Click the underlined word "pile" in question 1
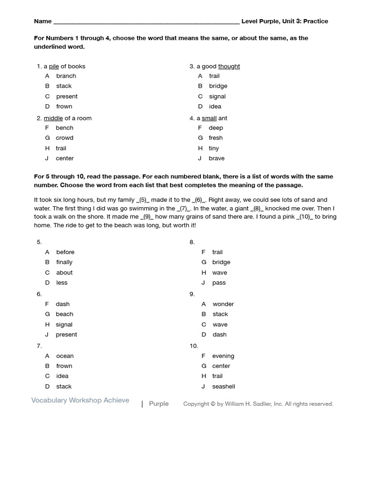point(54,67)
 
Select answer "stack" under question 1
point(64,86)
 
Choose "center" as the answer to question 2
point(65,158)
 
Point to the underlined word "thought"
point(229,67)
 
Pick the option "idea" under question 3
point(215,107)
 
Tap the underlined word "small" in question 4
point(209,118)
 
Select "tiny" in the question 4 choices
point(214,148)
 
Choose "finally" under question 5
point(64,262)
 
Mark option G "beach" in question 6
point(65,314)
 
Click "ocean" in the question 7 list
point(65,356)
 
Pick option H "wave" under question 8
point(219,273)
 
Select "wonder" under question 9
point(223,304)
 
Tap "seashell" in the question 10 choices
point(224,387)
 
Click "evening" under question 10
point(223,356)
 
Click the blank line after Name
point(146,22)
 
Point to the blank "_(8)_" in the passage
point(257,209)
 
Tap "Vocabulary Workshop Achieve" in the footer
point(80,401)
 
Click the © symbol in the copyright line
point(213,404)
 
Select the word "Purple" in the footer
point(159,404)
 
